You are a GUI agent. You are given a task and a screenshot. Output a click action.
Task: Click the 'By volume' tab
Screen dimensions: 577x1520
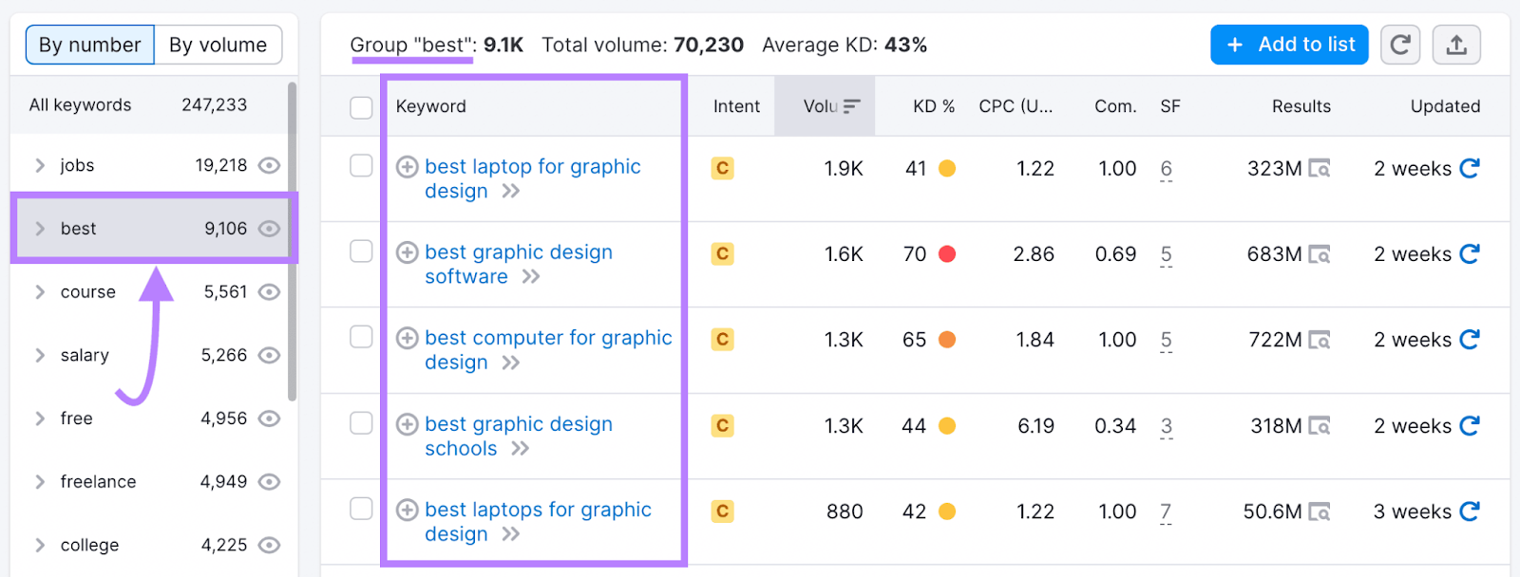tap(218, 45)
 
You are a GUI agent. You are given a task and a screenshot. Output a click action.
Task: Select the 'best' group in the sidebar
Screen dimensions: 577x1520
tap(79, 229)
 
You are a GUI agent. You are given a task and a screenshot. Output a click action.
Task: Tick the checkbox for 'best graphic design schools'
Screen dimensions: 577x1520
tap(361, 423)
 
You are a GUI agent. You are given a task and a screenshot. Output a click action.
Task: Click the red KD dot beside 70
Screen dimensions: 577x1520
tap(946, 253)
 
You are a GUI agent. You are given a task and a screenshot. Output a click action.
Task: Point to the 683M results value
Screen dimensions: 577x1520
tap(1274, 254)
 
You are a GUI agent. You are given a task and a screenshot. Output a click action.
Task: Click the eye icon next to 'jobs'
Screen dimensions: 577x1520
tap(270, 165)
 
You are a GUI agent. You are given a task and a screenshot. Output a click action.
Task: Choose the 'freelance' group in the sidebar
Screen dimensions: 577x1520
tap(98, 482)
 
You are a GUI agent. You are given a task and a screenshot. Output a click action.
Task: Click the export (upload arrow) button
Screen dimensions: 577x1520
tap(1456, 45)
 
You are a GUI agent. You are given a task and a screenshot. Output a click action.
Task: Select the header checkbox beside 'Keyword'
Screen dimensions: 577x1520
tap(361, 107)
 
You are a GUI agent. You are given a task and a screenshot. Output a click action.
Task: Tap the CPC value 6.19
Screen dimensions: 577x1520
tap(1035, 426)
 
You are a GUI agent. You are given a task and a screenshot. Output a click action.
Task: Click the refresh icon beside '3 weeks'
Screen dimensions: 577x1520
tap(1470, 512)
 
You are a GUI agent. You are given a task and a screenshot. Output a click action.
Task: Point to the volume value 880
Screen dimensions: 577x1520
tap(844, 512)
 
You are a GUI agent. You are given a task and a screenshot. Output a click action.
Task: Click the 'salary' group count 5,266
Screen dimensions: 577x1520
tap(223, 355)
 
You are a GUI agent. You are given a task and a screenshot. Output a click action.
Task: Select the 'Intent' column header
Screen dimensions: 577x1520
tap(736, 106)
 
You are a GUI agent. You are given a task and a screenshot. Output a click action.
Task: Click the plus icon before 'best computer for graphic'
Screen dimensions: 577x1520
tap(408, 339)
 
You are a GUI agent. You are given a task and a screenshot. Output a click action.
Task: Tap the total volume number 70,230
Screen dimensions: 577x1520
tap(708, 45)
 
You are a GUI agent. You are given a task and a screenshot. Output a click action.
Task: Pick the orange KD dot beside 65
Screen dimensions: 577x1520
tap(946, 340)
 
